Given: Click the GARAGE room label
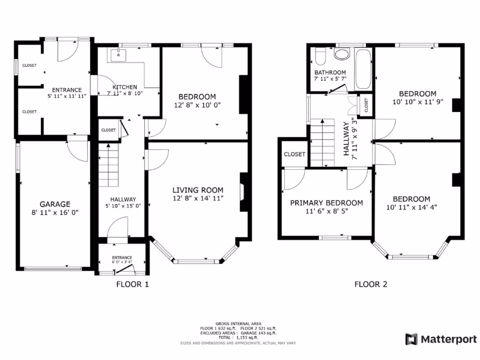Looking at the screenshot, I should [x=55, y=204].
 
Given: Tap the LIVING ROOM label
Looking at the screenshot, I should [x=198, y=190].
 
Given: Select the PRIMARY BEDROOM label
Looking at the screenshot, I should [x=326, y=202].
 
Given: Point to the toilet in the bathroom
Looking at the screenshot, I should [x=321, y=56].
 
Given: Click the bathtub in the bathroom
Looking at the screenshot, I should [x=363, y=68].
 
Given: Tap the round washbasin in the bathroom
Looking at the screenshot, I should [x=342, y=54].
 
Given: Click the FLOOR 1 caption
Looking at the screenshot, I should [x=132, y=284].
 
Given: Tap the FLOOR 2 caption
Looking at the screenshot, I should [x=370, y=284].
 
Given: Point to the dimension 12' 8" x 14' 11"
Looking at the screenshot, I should [x=198, y=198].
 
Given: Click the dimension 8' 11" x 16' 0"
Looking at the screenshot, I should [x=55, y=212].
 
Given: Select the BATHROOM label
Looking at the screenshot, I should [x=330, y=73].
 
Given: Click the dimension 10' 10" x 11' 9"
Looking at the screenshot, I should [x=417, y=101].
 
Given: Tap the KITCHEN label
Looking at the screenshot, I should [x=125, y=87].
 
